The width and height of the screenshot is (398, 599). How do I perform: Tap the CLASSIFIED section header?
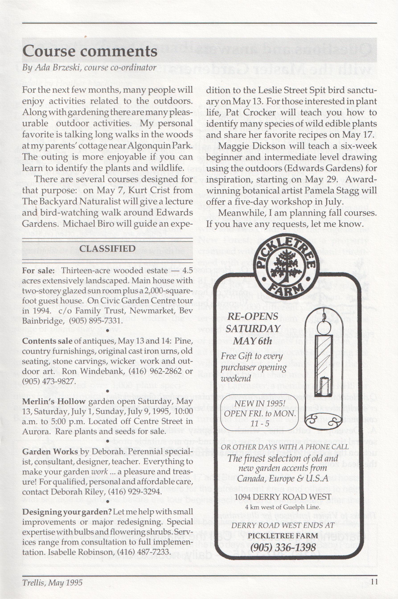click(x=107, y=248)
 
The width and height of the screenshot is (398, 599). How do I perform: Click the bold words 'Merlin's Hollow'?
click(x=53, y=401)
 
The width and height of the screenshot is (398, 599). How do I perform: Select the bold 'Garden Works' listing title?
click(x=50, y=451)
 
